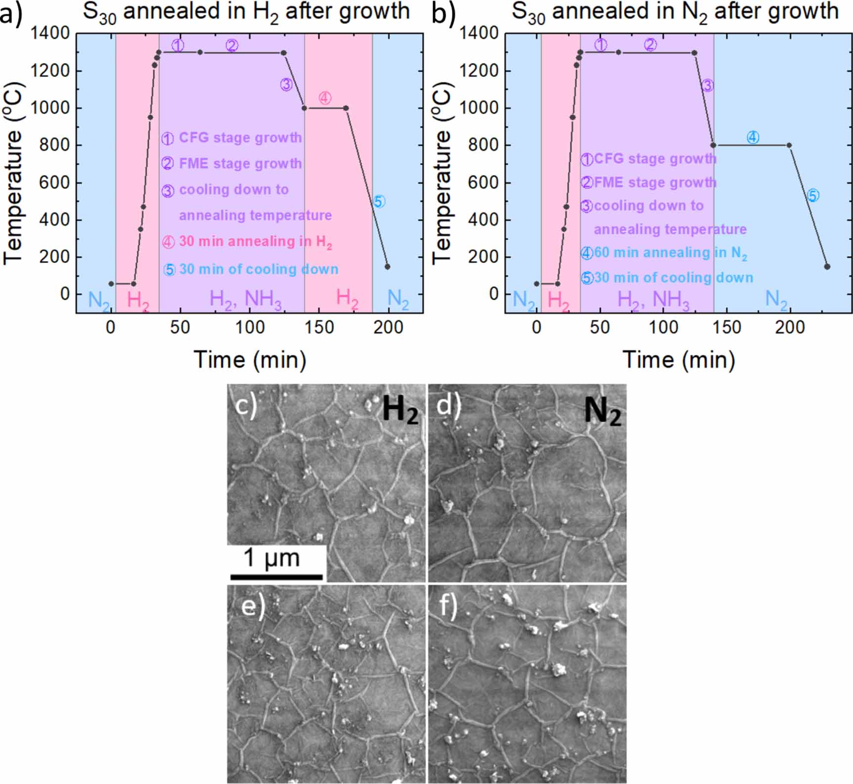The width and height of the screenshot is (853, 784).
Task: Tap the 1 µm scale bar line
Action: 276,576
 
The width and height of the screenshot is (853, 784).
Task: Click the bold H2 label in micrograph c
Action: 400,410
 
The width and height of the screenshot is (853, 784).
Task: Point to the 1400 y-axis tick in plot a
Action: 50,34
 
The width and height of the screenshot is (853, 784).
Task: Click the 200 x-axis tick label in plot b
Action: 790,327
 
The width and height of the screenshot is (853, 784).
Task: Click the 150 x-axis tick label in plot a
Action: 319,327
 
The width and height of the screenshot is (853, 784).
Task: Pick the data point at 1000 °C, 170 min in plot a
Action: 346,108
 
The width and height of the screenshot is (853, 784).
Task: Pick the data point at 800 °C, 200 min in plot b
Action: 789,145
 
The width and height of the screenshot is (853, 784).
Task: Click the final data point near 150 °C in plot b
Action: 827,266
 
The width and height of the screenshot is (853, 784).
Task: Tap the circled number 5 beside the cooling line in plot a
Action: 378,202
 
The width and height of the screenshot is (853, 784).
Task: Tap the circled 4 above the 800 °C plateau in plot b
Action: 753,137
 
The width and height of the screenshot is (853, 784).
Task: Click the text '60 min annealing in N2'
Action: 670,253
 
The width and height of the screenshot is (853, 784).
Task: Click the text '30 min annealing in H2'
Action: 255,242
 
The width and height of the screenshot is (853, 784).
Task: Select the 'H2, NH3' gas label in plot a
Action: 246,300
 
